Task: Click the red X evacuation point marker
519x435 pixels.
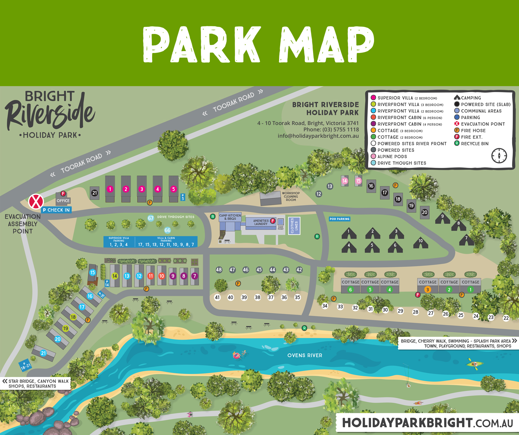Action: coord(36,201)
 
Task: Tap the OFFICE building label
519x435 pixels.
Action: coord(63,201)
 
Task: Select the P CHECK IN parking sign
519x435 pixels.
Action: coord(57,210)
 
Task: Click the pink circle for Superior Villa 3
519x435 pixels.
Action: coord(142,189)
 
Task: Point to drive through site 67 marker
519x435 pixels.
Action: coord(150,218)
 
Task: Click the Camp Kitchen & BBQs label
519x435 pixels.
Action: coord(230,217)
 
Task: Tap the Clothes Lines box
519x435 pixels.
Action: coord(294,226)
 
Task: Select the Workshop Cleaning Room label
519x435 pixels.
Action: coord(291,197)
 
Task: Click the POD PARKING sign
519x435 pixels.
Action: coord(340,219)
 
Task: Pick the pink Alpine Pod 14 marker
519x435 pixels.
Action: coord(345,181)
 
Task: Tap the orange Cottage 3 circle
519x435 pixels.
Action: coord(427,290)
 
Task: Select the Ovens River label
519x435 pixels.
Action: coord(305,356)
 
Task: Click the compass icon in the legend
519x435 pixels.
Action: coord(499,156)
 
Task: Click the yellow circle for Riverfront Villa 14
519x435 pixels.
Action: coord(115,276)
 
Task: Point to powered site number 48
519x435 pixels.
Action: coord(219,270)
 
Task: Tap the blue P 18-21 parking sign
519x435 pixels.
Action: coord(25,366)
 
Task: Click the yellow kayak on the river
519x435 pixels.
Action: coord(475,364)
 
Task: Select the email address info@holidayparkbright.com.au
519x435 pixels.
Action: coord(318,136)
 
